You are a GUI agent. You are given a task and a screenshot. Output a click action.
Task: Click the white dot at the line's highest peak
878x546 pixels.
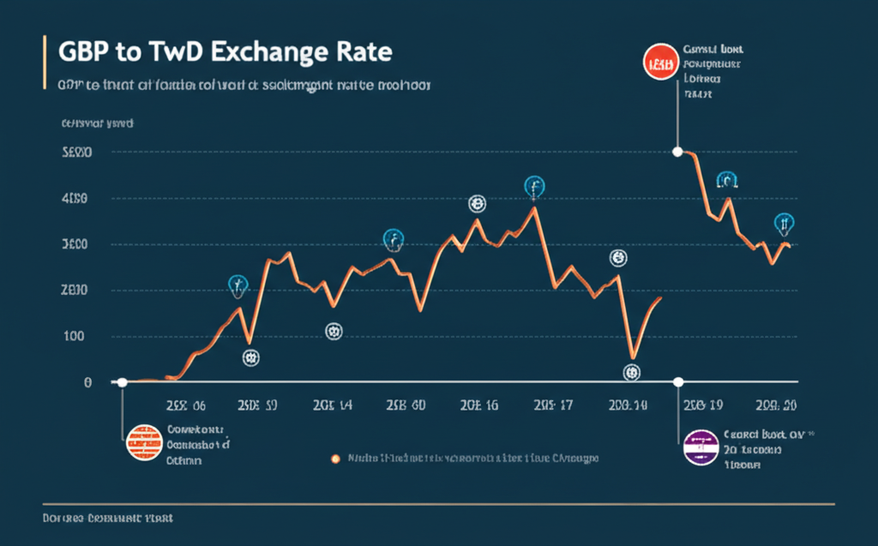(678, 152)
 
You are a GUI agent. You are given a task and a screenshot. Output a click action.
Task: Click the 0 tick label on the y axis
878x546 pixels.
(87, 382)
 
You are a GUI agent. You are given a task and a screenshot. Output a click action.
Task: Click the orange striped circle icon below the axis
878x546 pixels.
(141, 445)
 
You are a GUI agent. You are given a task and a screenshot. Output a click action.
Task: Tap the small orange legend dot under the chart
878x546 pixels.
(336, 459)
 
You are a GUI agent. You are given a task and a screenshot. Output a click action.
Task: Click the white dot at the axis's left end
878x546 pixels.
(123, 382)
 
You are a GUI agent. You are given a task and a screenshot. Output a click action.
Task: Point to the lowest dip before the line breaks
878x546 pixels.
(634, 357)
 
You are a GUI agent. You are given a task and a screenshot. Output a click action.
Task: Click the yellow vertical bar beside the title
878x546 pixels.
(43, 64)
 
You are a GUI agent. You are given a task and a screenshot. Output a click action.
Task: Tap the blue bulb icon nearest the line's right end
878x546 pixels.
(784, 224)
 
